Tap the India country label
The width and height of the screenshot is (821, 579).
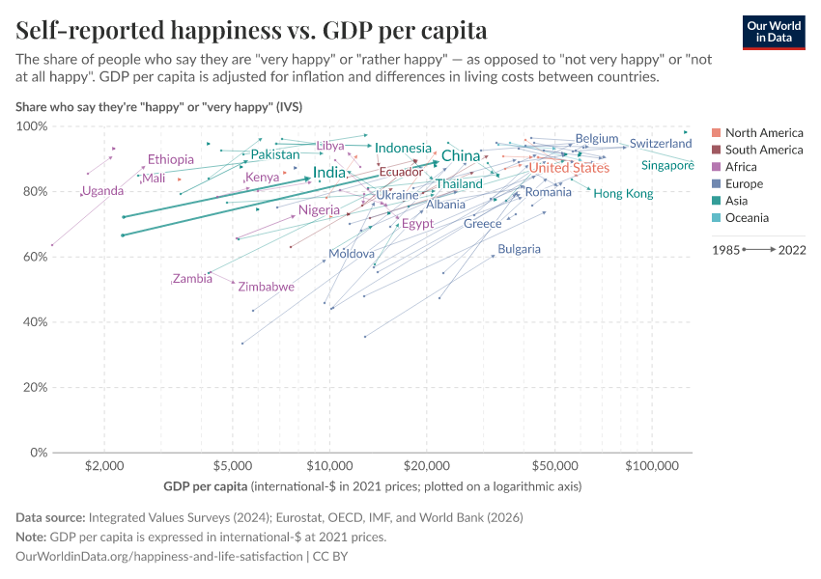pos(329,173)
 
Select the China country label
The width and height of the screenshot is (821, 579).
pos(461,156)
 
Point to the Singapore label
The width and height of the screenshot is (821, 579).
pos(667,166)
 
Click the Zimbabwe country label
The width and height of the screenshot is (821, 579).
pos(266,287)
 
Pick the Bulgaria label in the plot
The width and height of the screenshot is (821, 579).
pos(519,249)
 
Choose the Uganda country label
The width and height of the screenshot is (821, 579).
pos(102,191)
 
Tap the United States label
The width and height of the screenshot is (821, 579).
pos(569,168)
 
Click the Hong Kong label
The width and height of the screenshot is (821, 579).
pos(623,194)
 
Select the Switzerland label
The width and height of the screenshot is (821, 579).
pos(661,144)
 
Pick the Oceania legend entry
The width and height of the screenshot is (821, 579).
pos(747,218)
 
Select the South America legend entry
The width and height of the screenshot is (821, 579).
pos(763,150)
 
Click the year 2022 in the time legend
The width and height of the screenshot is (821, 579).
pos(792,249)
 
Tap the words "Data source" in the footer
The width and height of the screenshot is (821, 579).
pos(50,517)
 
